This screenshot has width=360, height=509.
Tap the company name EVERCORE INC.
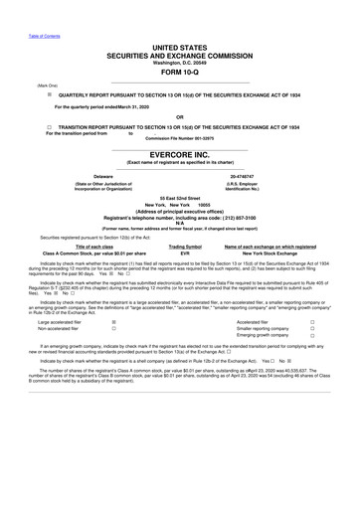point(180,156)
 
